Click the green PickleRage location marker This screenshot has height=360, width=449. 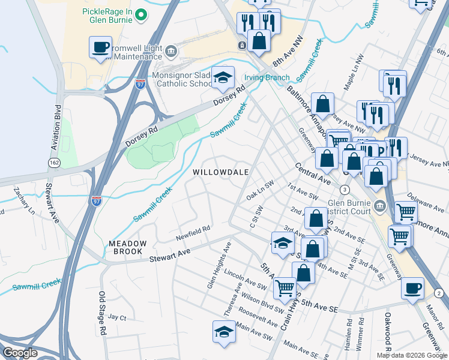pyautogui.click(x=140, y=14)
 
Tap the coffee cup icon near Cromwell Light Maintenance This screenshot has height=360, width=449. pyautogui.click(x=101, y=47)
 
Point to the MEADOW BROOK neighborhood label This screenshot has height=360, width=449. pyautogui.click(x=127, y=247)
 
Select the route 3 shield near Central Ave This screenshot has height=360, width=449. pyautogui.click(x=345, y=190)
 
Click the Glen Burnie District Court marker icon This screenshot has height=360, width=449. pyautogui.click(x=379, y=207)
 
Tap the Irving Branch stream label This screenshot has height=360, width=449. pyautogui.click(x=267, y=78)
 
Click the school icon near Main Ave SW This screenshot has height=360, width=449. pyautogui.click(x=223, y=332)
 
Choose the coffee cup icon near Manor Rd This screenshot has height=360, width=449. pyautogui.click(x=412, y=288)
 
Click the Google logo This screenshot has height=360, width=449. pyautogui.click(x=20, y=353)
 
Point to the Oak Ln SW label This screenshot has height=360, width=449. pyautogui.click(x=259, y=192)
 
